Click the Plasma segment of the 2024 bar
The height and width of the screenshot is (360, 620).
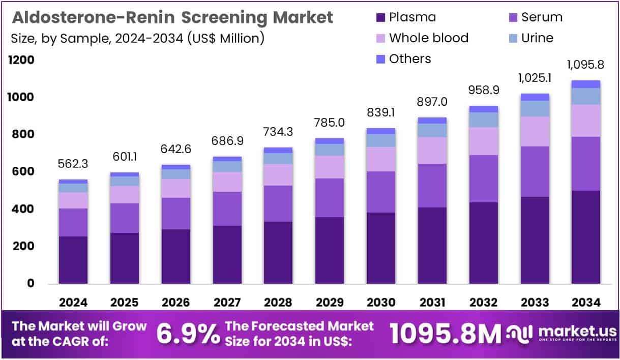[73, 259]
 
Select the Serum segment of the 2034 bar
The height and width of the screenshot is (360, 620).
[585, 164]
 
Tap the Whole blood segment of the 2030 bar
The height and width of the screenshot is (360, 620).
[380, 159]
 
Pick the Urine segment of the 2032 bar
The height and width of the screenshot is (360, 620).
[483, 119]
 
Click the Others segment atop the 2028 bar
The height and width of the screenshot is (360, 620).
[278, 150]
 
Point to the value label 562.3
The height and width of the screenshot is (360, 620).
[73, 164]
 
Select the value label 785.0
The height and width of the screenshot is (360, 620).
[330, 123]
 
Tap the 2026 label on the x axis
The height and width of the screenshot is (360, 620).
[176, 302]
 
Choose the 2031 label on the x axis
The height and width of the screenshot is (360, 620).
[432, 302]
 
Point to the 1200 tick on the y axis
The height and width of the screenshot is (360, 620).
[21, 60]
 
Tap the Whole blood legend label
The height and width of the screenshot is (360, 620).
[428, 38]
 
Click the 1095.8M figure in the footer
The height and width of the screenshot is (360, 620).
[446, 334]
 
